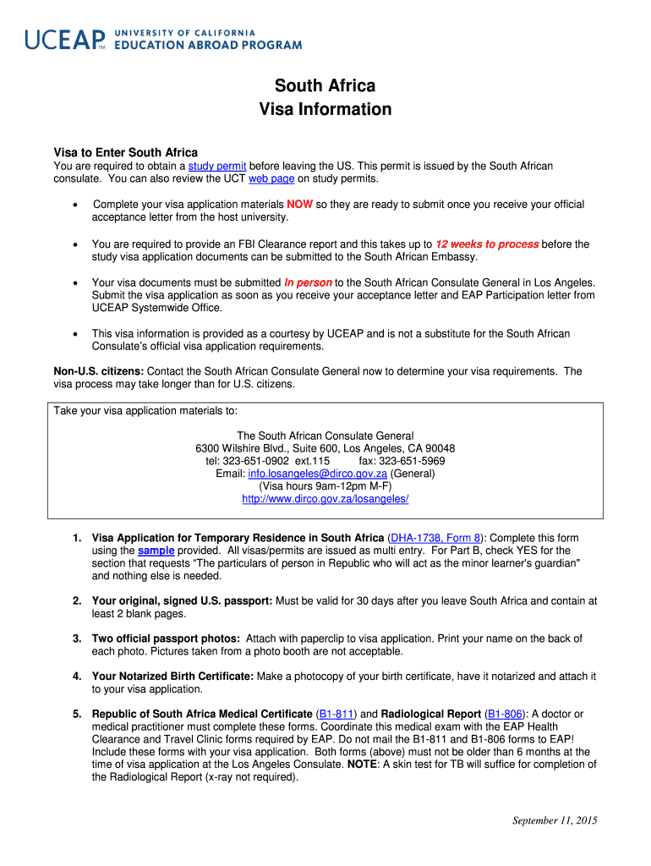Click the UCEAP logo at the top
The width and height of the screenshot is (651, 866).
point(162,39)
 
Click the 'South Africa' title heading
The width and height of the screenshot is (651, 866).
point(325,86)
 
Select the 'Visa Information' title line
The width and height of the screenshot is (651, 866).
point(325,109)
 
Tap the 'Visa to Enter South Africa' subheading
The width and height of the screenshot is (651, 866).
point(126,152)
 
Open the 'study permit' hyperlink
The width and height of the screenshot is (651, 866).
point(216,166)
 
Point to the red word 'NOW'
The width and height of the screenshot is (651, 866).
point(299,205)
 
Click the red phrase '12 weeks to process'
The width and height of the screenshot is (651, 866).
point(487,244)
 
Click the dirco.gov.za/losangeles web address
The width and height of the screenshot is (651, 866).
point(325,499)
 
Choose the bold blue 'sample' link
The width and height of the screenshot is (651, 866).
point(156,551)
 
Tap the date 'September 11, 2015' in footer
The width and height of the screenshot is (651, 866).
point(555,820)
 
